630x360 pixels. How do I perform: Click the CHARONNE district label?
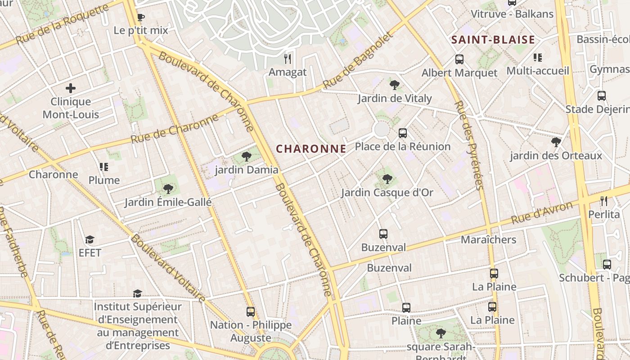click(311, 148)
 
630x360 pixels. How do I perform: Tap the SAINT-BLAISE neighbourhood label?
click(493, 40)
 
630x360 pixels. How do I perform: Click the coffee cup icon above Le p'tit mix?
click(140, 18)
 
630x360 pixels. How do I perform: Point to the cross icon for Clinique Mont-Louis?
click(71, 88)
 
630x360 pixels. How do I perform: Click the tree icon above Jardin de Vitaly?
click(395, 85)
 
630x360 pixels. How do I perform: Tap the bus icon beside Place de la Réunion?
click(403, 133)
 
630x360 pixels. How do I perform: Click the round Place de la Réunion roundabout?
click(382, 130)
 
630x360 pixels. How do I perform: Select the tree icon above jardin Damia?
click(246, 157)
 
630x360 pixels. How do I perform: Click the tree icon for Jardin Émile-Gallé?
click(168, 189)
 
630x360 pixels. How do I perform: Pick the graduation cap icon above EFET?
click(90, 239)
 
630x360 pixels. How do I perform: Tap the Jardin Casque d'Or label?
click(387, 193)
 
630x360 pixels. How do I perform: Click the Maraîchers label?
click(488, 239)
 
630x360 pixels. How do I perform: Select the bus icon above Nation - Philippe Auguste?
click(251, 311)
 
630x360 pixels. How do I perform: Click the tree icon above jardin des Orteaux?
click(556, 142)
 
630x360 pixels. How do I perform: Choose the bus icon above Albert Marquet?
click(459, 59)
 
